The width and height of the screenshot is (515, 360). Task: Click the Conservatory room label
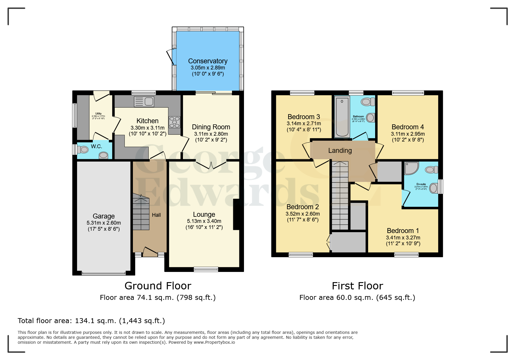point(208,61)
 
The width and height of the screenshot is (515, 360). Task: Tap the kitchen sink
point(144,101)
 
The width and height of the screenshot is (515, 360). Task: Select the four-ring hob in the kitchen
point(174,122)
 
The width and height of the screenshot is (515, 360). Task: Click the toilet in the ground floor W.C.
point(83,150)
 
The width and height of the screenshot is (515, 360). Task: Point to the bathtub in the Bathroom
point(342,117)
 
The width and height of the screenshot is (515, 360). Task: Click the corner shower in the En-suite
point(411,168)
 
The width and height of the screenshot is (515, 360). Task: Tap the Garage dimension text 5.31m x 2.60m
point(104,223)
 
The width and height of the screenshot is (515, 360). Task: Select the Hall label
point(156,215)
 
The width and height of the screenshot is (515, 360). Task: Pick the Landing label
point(340,151)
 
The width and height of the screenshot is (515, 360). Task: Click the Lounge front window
point(206,269)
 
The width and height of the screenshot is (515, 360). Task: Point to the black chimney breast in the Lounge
point(236,214)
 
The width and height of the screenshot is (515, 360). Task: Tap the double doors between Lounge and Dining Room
point(211,165)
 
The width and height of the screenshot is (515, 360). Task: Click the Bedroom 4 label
point(408,127)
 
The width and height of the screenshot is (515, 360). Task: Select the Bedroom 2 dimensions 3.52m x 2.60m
point(302,214)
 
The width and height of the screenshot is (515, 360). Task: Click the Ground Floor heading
point(158,286)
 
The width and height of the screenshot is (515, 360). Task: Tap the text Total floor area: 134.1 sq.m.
point(91,321)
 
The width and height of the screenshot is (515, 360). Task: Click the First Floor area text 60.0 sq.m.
point(357,298)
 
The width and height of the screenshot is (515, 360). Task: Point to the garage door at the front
point(104,273)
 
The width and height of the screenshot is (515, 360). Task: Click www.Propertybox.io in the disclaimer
point(214,342)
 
